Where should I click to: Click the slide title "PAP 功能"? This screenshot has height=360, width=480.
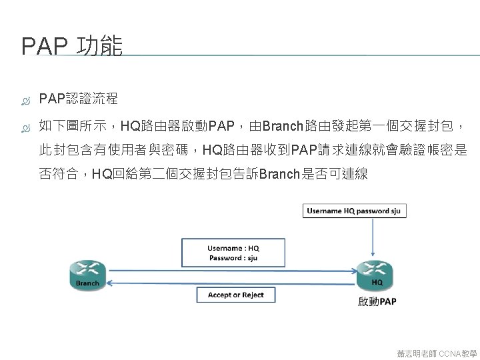click(x=72, y=47)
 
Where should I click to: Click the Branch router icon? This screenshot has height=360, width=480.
click(x=87, y=274)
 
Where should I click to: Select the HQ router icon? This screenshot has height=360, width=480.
click(x=376, y=274)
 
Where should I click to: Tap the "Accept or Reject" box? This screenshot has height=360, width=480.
click(x=235, y=295)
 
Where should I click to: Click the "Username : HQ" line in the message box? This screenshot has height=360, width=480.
click(x=233, y=249)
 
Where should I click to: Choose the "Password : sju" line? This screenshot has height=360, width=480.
click(x=233, y=258)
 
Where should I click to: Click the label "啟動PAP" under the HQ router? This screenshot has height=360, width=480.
click(x=377, y=302)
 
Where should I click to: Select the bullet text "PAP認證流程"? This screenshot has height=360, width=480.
click(x=79, y=99)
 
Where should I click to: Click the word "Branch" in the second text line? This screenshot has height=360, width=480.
click(x=283, y=126)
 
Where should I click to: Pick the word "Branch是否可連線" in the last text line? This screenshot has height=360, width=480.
click(x=313, y=175)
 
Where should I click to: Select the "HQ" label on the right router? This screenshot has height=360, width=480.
click(x=377, y=283)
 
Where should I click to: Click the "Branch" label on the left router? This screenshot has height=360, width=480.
click(x=87, y=283)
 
